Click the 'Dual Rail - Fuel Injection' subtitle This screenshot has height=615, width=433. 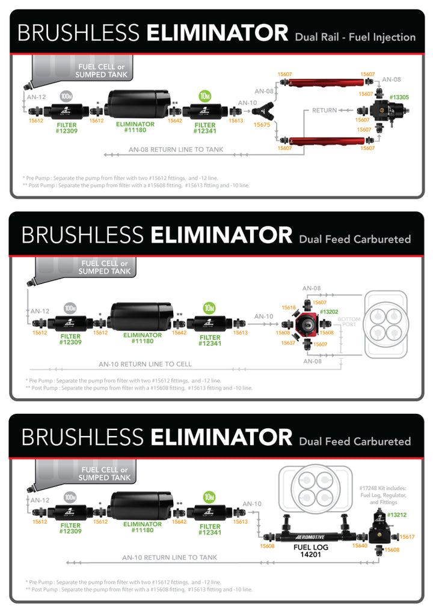[x=355, y=37]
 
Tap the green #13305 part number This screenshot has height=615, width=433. [x=399, y=97]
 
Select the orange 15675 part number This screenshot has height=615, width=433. [x=262, y=125]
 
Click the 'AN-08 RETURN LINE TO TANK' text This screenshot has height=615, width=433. [x=176, y=150]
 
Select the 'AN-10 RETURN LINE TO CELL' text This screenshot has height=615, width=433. [x=145, y=364]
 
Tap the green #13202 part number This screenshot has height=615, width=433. [x=329, y=312]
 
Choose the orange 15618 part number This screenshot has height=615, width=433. [x=289, y=307]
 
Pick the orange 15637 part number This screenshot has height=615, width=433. [x=289, y=343]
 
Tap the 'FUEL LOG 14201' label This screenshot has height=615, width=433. [x=310, y=551]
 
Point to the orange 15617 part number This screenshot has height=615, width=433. [x=407, y=537]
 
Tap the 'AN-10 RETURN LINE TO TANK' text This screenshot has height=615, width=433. [x=170, y=557]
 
